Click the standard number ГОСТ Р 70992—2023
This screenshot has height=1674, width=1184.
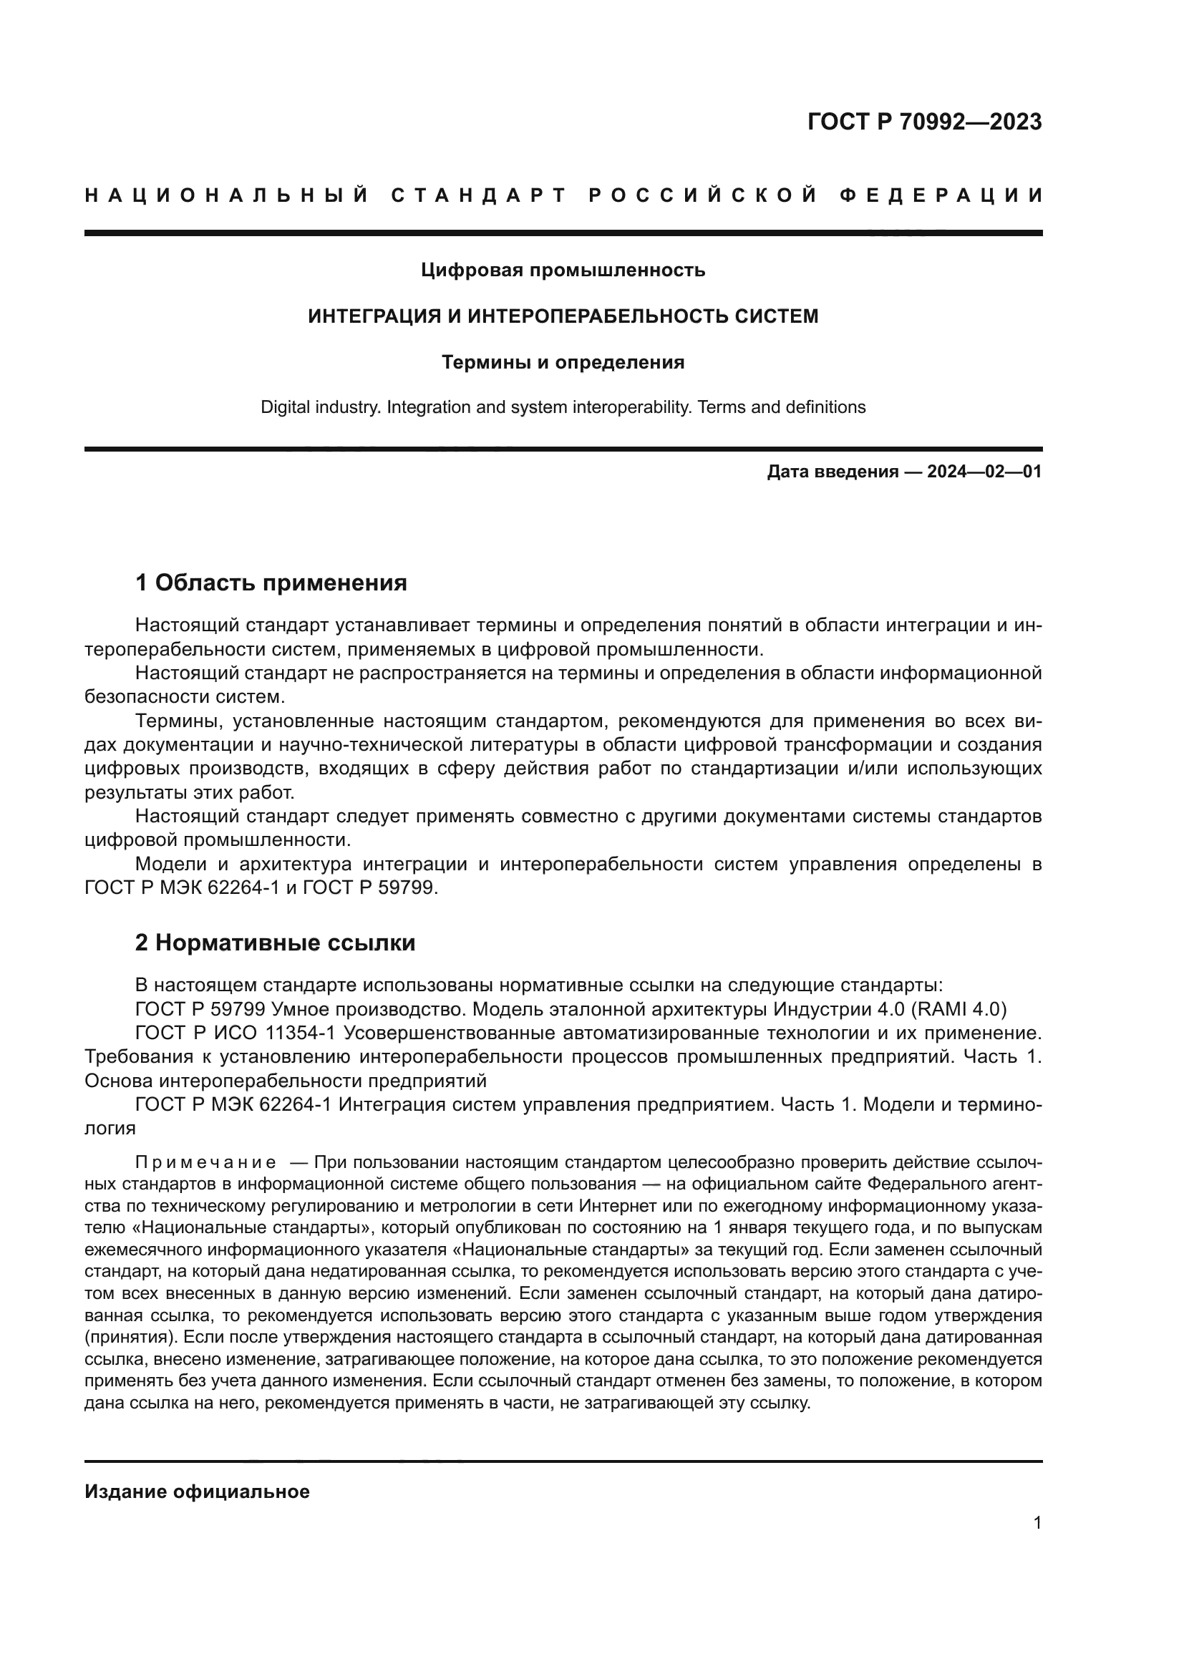click(923, 122)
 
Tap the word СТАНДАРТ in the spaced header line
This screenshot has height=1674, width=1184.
click(479, 195)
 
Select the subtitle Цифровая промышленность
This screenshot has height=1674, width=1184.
click(563, 271)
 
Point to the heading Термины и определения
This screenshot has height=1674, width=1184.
click(563, 362)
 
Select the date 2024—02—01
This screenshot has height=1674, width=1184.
click(984, 472)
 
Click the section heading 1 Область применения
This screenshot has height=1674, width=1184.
click(271, 583)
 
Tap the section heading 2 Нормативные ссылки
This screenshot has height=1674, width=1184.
click(275, 943)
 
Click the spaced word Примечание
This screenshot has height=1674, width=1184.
click(205, 1162)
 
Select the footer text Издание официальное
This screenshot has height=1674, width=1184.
click(197, 1491)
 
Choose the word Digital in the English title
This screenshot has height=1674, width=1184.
click(285, 407)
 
